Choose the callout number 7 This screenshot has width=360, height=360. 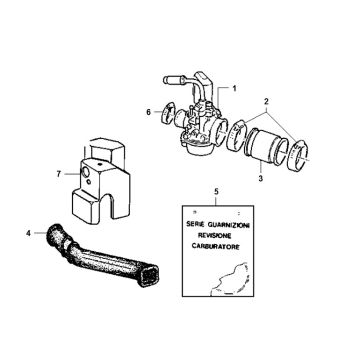[58, 175]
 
